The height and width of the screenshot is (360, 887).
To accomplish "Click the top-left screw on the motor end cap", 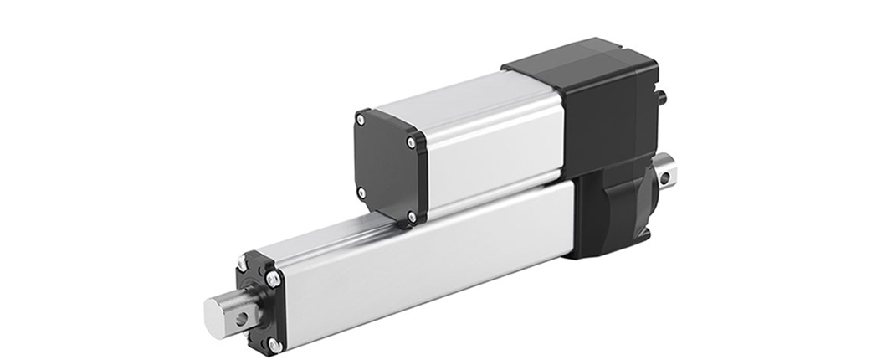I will pos(361,120).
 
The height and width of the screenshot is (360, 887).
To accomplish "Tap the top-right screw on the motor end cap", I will pos(411,143).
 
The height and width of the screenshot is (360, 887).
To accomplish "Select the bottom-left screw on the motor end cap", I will pos(361,193).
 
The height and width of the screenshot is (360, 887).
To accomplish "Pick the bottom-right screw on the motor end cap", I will pos(411,217).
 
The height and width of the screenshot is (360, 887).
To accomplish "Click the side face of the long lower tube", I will pos(418,268).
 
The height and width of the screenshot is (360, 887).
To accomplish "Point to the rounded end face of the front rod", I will pos(213,317).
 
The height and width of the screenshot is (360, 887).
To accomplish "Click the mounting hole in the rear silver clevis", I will pos(666,177).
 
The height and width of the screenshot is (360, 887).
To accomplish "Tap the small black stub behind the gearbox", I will pos(662,97).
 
